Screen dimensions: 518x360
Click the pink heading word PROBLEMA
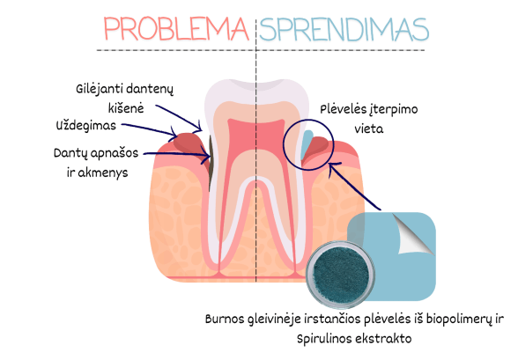click(x=176, y=29)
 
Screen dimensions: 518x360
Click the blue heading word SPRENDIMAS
click(x=344, y=30)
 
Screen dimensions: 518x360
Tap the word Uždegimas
click(x=86, y=126)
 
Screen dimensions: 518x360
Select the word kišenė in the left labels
click(x=126, y=108)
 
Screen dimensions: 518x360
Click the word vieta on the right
click(x=369, y=129)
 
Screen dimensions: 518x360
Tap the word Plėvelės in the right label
click(x=342, y=109)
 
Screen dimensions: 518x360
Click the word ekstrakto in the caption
click(x=383, y=339)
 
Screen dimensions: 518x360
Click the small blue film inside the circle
click(x=307, y=144)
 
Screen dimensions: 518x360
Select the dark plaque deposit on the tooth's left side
click(x=211, y=163)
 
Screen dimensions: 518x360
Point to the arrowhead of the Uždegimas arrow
click(x=174, y=132)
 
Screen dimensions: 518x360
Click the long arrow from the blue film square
click(x=354, y=186)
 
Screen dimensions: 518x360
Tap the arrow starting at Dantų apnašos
click(x=177, y=155)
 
